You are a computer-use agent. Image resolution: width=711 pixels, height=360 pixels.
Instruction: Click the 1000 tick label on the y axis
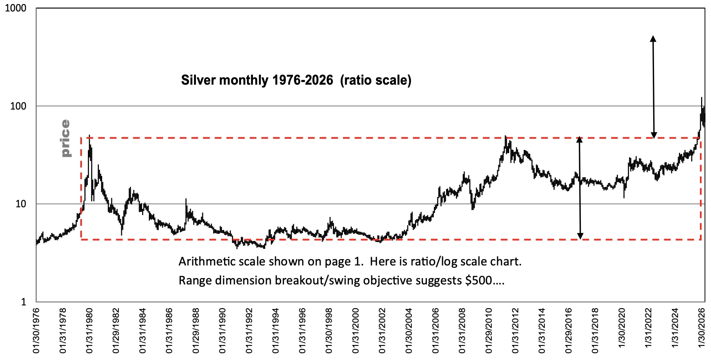pyautogui.click(x=15, y=8)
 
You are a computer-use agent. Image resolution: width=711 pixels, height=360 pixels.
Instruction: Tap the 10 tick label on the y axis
pyautogui.click(x=20, y=204)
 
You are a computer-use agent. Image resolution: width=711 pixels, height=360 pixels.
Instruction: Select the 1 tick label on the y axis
pyautogui.click(x=23, y=302)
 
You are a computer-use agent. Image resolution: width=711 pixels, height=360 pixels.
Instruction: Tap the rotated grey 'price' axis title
pyautogui.click(x=65, y=138)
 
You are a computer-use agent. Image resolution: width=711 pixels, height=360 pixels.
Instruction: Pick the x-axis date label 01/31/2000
pyautogui.click(x=355, y=332)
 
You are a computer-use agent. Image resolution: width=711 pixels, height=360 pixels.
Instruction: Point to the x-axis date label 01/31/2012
pyautogui.click(x=515, y=332)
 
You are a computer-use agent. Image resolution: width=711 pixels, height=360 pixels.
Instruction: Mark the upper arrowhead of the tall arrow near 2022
pyautogui.click(x=653, y=38)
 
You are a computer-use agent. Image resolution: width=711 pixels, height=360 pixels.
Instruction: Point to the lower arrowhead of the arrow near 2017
pyautogui.click(x=580, y=237)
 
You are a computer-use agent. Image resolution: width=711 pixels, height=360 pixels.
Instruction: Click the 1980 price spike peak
pyautogui.click(x=89, y=135)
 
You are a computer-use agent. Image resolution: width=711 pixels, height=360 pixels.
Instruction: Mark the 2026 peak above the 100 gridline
pyautogui.click(x=702, y=98)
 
